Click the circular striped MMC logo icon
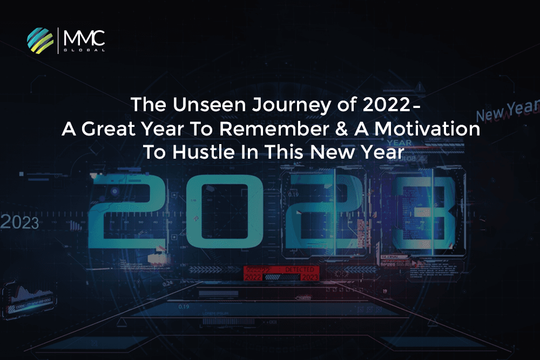tap(40, 39)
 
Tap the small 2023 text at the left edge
tap(20, 222)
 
